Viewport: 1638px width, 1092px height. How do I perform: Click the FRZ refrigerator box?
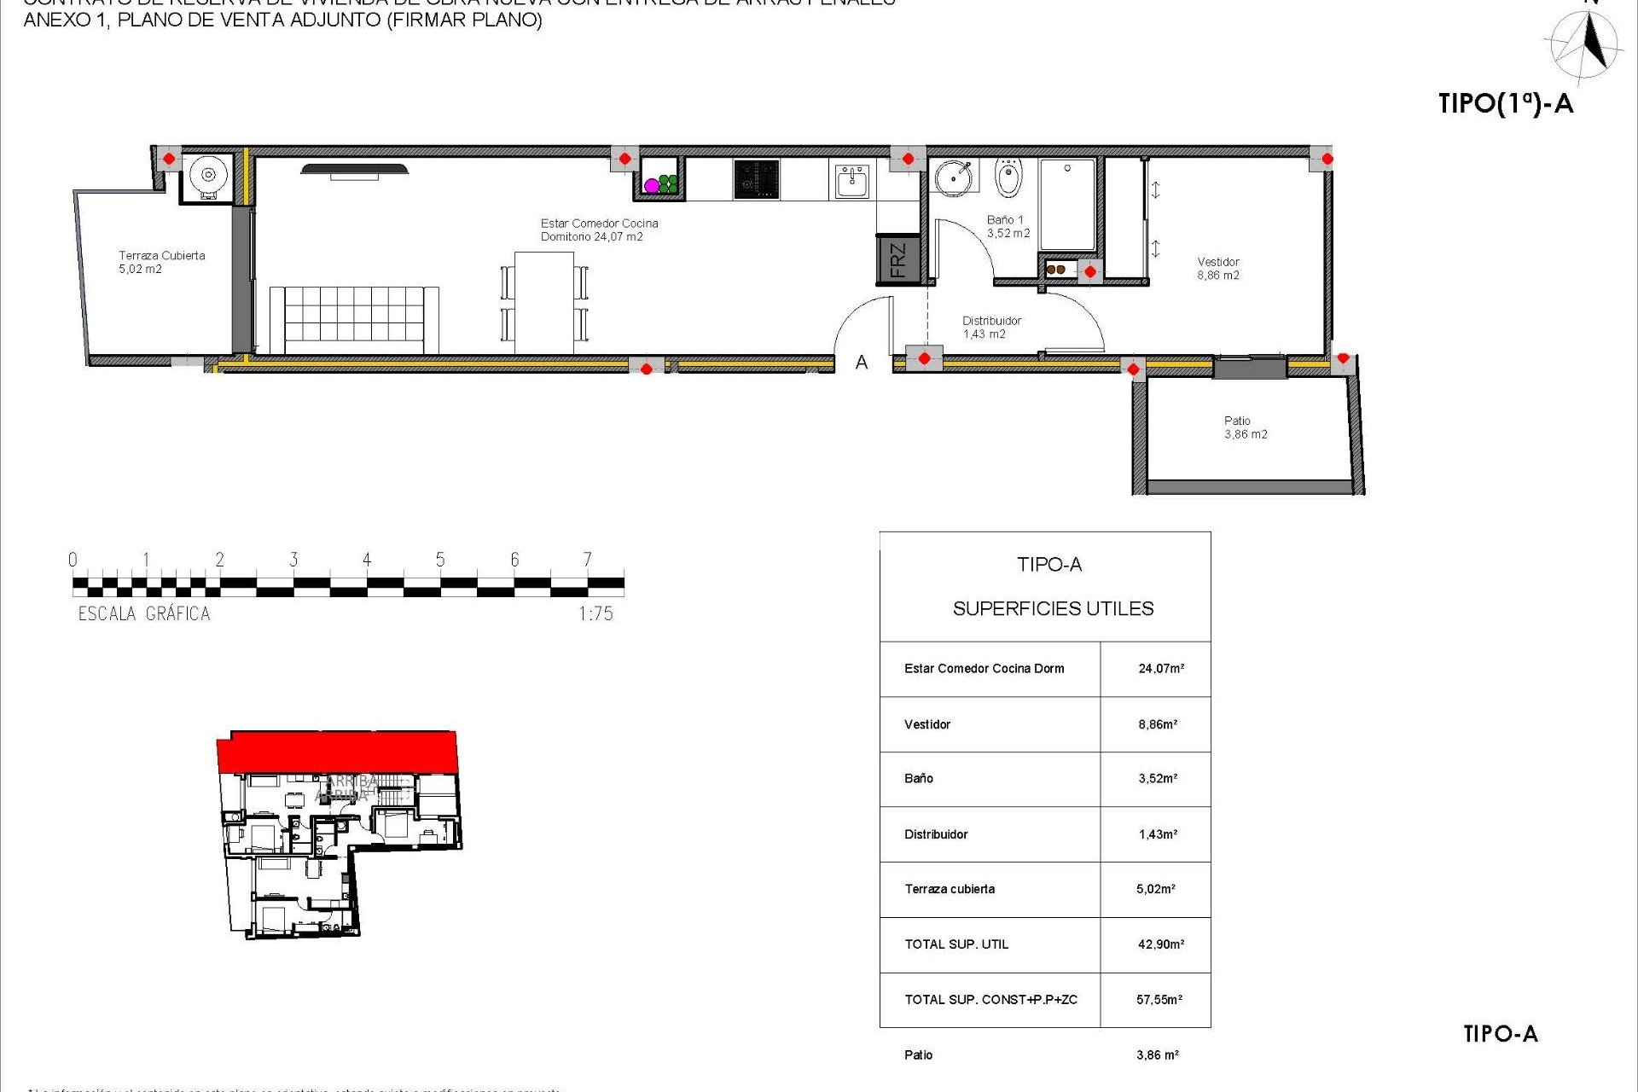tap(897, 259)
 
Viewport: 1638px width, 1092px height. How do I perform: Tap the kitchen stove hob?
tap(756, 180)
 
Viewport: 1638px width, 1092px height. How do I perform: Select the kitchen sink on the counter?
tap(851, 181)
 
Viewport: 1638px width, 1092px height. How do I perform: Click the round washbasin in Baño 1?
tap(953, 177)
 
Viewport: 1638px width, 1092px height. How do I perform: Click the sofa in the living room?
tap(354, 319)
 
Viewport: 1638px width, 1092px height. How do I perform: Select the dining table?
tap(544, 302)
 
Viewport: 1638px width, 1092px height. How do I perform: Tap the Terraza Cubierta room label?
tap(161, 262)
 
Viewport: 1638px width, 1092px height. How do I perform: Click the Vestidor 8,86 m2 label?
tap(1217, 269)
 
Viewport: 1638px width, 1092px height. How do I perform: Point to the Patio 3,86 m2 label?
tap(1245, 427)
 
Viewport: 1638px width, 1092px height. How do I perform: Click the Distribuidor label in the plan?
tap(990, 328)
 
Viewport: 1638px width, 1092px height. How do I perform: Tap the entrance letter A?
tap(862, 363)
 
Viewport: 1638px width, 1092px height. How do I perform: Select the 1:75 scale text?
tap(595, 613)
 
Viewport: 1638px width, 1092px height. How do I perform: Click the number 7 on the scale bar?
tap(587, 560)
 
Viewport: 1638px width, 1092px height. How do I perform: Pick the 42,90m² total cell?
tap(1160, 944)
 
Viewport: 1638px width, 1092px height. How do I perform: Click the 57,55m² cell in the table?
tap(1159, 1000)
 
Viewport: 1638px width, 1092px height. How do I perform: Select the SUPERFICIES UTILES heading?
tap(1053, 608)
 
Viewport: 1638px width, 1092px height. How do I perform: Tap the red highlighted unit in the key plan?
tap(338, 751)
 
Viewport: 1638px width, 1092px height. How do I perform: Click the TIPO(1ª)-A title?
tap(1505, 104)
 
